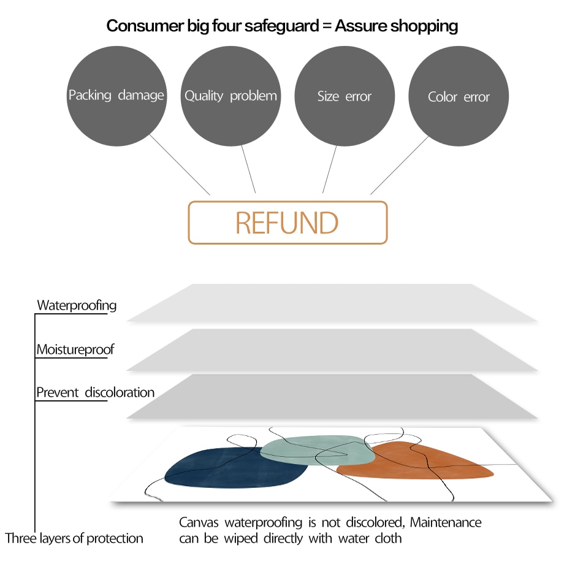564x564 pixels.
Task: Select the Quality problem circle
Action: click(x=231, y=96)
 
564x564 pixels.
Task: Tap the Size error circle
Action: click(x=344, y=96)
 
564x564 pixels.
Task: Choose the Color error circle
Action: click(x=459, y=97)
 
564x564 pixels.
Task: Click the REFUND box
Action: click(x=287, y=223)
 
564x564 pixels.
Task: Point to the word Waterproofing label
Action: click(x=77, y=305)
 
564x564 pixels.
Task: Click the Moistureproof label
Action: click(x=75, y=350)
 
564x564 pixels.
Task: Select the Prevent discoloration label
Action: click(x=95, y=392)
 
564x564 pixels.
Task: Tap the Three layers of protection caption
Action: click(x=74, y=538)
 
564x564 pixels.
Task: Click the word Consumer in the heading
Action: click(x=138, y=26)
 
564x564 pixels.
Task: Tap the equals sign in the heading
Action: click(x=326, y=26)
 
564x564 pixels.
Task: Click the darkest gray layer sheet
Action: click(x=331, y=397)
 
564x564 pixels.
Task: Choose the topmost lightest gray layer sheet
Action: click(x=331, y=303)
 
